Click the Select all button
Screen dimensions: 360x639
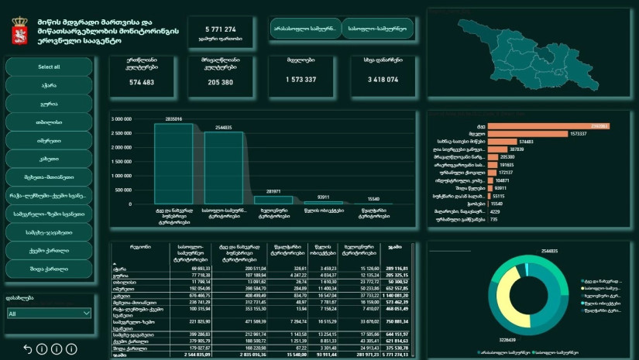pyautogui.click(x=49, y=67)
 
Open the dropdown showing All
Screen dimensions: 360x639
pyautogui.click(x=49, y=314)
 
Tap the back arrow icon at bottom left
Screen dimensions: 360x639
pyautogui.click(x=29, y=349)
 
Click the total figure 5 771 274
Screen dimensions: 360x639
pyautogui.click(x=220, y=29)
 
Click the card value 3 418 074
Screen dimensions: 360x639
pyautogui.click(x=382, y=80)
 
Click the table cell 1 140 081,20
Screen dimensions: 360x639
pyautogui.click(x=400, y=295)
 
